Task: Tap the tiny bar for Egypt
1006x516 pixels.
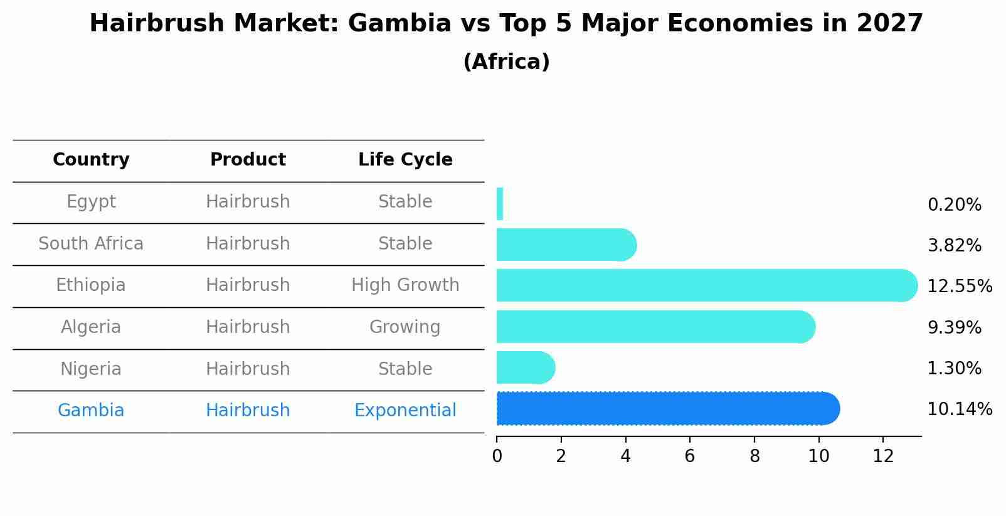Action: [500, 204]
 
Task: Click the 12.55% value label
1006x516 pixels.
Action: [959, 287]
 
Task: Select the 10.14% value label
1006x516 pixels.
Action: [959, 409]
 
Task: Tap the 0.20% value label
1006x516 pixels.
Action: [954, 205]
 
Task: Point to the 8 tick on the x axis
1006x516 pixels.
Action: [754, 456]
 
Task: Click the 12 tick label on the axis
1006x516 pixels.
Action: [883, 456]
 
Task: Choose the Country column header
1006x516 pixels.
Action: [91, 160]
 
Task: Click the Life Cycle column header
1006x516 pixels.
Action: [405, 160]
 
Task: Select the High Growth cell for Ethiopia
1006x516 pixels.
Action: [405, 285]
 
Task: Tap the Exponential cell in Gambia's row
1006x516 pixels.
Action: [405, 411]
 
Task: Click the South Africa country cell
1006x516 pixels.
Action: [91, 244]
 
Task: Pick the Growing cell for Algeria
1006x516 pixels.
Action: [405, 327]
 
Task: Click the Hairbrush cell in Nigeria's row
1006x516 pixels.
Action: [248, 369]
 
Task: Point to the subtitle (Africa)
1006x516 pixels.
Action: [506, 62]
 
